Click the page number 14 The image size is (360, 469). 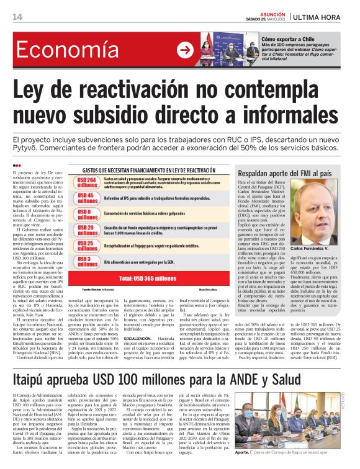coord(17,16)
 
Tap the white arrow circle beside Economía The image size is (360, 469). coord(185,51)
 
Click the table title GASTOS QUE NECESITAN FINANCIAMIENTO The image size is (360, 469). coord(148,169)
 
